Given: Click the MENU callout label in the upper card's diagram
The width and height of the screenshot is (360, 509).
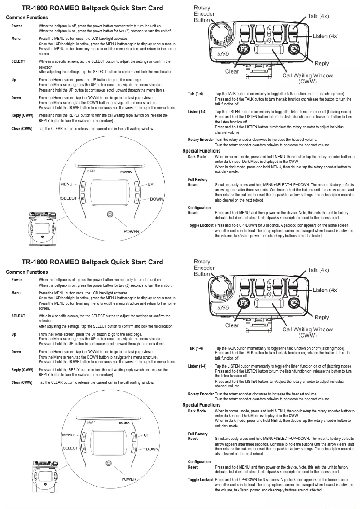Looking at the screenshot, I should pyautogui.click(x=66, y=184).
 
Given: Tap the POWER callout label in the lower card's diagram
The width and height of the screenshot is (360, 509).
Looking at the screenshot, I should pyautogui.click(x=129, y=479).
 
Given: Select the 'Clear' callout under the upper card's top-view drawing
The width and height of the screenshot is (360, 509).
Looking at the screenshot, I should pyautogui.click(x=232, y=71).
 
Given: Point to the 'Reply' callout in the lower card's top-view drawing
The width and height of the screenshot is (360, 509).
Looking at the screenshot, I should pyautogui.click(x=321, y=317).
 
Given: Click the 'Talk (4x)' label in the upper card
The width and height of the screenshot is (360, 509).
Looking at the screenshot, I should pyautogui.click(x=318, y=16).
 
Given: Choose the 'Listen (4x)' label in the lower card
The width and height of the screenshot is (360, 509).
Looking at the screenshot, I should pyautogui.click(x=332, y=290).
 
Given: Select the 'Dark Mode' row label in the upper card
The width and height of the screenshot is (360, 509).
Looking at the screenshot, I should pyautogui.click(x=197, y=157).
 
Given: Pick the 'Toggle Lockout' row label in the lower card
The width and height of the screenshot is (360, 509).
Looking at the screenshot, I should pyautogui.click(x=201, y=480).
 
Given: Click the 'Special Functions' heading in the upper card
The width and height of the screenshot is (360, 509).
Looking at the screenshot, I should pyautogui.click(x=202, y=151).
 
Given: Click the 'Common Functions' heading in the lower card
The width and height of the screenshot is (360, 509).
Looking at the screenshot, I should pyautogui.click(x=27, y=272).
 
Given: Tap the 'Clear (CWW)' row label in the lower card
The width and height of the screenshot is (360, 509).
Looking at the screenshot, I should pyautogui.click(x=22, y=382).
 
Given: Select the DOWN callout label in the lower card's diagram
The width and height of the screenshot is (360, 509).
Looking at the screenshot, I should pyautogui.click(x=152, y=449).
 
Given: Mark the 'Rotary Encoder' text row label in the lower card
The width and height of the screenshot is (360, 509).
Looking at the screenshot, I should pyautogui.click(x=201, y=394).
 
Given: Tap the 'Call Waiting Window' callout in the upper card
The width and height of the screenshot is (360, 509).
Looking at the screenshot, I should pyautogui.click(x=307, y=75).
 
